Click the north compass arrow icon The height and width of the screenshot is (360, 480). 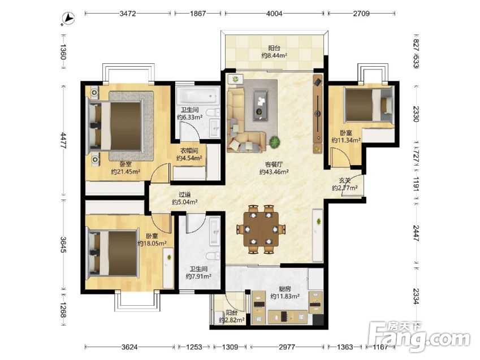(68, 18)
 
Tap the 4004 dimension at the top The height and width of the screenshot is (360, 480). (274, 14)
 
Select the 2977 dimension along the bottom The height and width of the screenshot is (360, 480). (287, 347)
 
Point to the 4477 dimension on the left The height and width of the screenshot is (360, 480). (64, 141)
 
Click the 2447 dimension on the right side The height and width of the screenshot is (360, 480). (416, 233)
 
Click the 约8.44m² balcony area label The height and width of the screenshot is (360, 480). (274, 55)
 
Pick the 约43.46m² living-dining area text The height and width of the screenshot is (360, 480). (274, 172)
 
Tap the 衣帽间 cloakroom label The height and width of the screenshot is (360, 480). (189, 150)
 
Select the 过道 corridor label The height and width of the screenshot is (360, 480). (184, 194)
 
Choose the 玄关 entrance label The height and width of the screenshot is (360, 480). (345, 181)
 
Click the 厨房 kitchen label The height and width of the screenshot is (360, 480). (285, 289)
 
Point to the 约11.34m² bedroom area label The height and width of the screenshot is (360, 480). (346, 140)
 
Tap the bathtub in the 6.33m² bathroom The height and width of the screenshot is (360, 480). (198, 95)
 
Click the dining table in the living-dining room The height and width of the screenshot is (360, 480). (261, 229)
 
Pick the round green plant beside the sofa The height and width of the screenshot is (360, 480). (275, 142)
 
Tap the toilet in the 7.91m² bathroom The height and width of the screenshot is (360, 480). (213, 255)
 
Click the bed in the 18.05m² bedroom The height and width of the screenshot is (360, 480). (112, 253)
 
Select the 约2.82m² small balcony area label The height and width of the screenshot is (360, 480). (232, 320)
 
